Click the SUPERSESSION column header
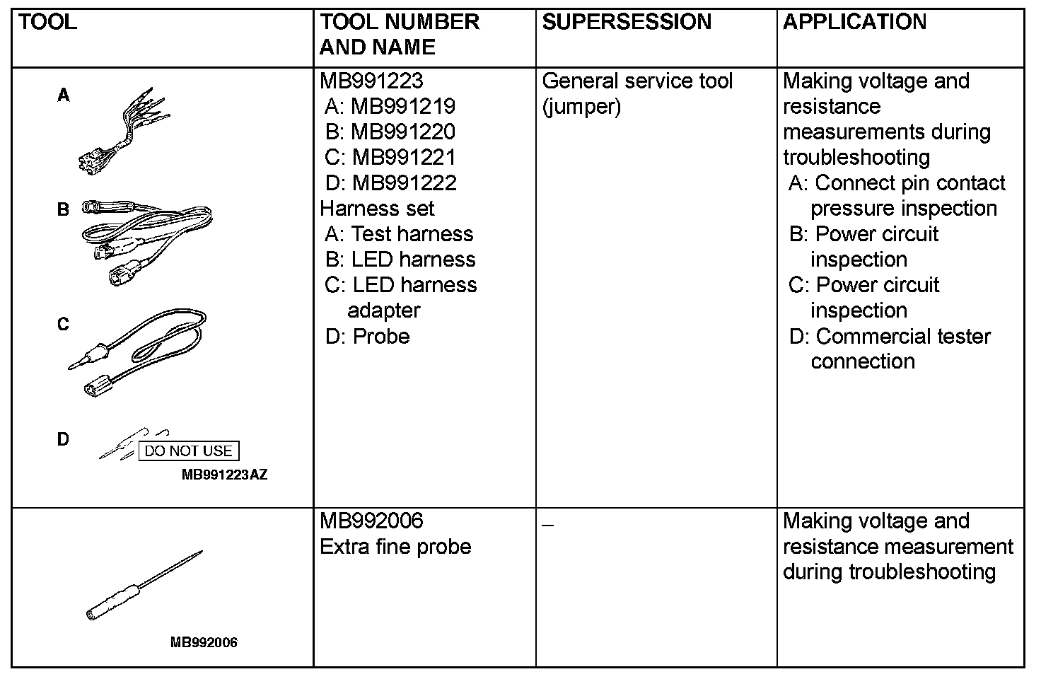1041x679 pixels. (x=627, y=22)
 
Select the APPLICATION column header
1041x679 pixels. (x=854, y=22)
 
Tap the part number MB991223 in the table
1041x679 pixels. (x=371, y=81)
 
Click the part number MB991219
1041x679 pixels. (x=403, y=106)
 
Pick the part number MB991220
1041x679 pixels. (x=403, y=132)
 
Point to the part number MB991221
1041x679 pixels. (x=404, y=157)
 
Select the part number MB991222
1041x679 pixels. (x=405, y=182)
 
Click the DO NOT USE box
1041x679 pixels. (x=188, y=451)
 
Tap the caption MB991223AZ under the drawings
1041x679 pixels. (x=225, y=475)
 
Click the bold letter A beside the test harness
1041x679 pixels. (x=64, y=95)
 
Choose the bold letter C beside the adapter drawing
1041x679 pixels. (x=64, y=325)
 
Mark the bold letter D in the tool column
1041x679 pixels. (x=64, y=439)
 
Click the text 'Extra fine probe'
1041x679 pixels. (x=395, y=547)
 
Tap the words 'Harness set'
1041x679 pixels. (x=377, y=209)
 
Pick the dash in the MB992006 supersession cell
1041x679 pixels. (x=548, y=525)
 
